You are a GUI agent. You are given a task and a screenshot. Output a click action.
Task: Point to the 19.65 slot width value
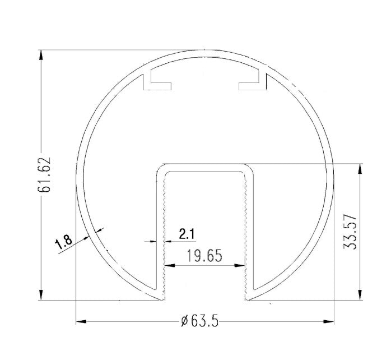(x=204, y=256)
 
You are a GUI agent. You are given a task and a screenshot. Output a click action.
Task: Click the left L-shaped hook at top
(x=156, y=81)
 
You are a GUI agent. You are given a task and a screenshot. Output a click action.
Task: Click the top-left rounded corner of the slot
(x=160, y=168)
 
